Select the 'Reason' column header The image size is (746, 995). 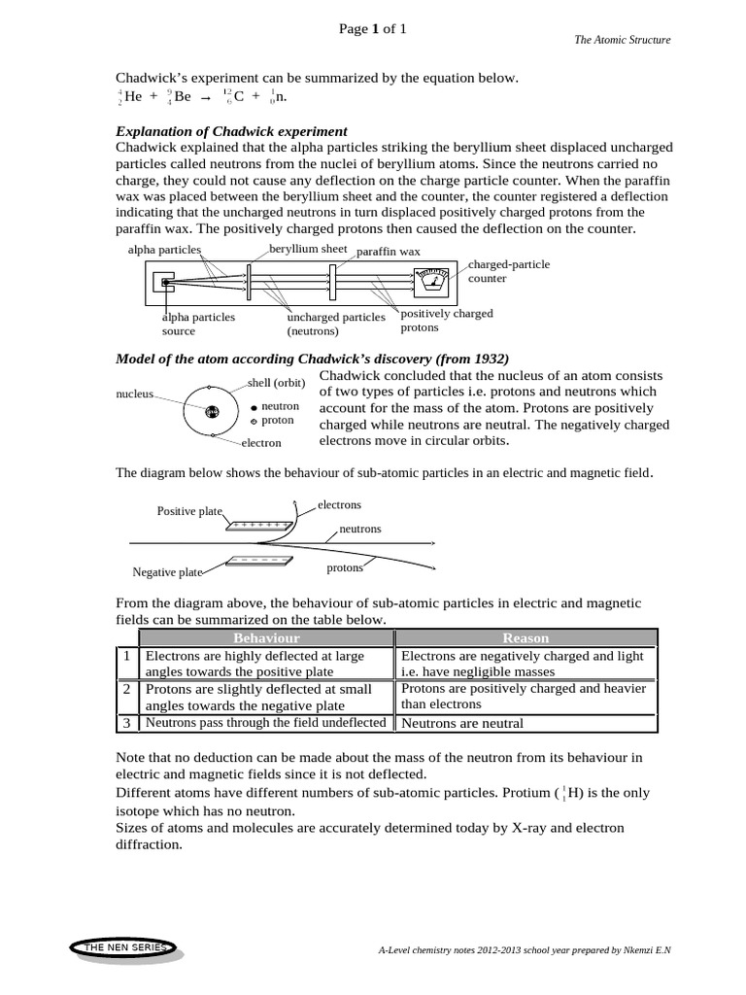pos(525,637)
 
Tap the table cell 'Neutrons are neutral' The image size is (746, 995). pos(462,723)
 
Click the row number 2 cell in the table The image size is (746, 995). pos(126,688)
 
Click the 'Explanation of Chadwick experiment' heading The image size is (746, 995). pos(231,131)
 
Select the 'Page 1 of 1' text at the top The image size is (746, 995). pos(372,29)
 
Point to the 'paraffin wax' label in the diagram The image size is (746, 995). pos(389,252)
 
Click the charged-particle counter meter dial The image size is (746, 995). pos(431,284)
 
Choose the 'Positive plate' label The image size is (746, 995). pos(189,511)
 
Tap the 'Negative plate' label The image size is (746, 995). pos(167,572)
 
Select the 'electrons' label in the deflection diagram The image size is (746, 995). pos(339,505)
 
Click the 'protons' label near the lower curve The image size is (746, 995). pos(345,567)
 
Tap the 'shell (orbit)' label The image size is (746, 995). pos(277,383)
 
